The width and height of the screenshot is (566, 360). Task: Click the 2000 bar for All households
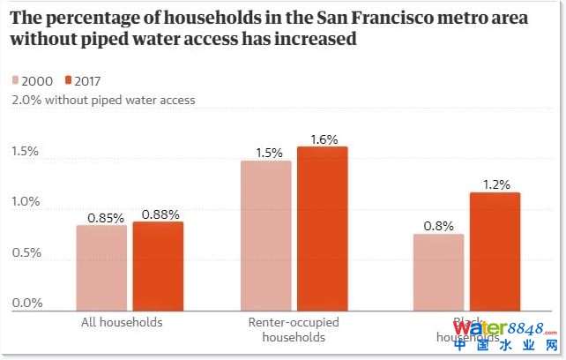(101, 267)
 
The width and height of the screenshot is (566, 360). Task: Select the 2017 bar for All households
(159, 266)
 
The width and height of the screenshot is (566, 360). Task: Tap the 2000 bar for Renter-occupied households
(265, 236)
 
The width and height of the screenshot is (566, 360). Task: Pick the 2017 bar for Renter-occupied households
(323, 229)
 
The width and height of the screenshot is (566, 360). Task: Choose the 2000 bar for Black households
(438, 272)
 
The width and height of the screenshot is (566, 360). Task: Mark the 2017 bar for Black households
(495, 251)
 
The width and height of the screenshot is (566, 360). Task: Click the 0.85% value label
(105, 216)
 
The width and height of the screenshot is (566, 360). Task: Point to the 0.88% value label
(161, 214)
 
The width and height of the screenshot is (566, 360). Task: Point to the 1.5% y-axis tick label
(26, 152)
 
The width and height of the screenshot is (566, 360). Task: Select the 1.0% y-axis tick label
(26, 202)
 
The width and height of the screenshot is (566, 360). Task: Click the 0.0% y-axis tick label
(26, 304)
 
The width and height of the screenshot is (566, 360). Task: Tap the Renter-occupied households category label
(294, 330)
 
